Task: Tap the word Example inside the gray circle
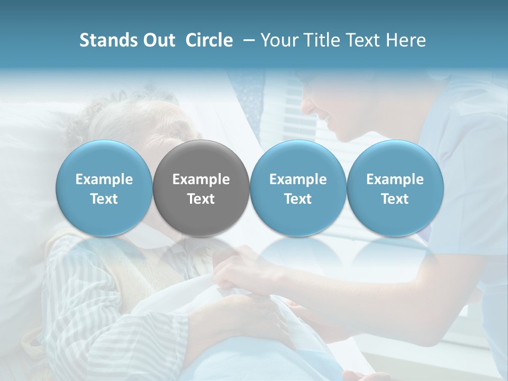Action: click(201, 179)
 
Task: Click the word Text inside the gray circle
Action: click(201, 199)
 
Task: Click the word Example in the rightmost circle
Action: click(395, 179)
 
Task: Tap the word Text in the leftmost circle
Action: click(104, 199)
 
